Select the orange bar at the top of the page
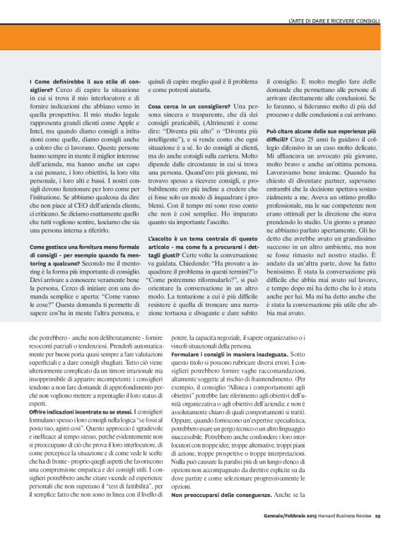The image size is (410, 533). pyautogui.click(x=205, y=37)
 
